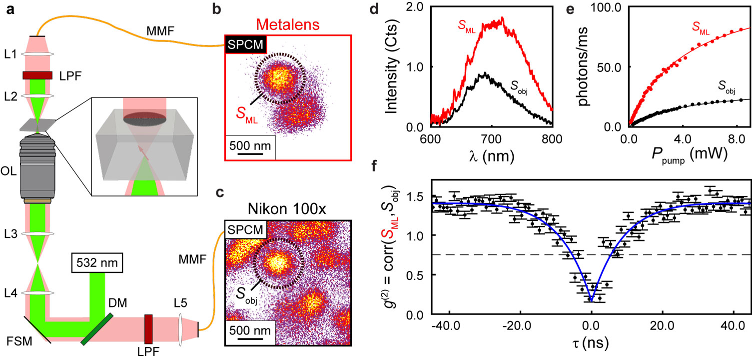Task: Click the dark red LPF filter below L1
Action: (37, 75)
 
